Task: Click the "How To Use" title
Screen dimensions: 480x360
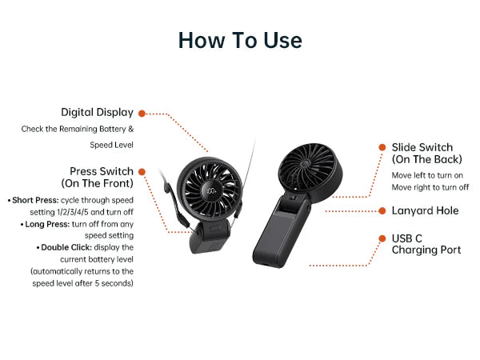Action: (240, 40)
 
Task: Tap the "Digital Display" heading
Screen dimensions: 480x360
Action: (97, 113)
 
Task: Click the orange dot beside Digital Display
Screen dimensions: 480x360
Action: (142, 114)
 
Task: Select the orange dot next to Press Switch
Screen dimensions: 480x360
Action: (142, 172)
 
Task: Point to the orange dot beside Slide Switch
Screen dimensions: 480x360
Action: (382, 147)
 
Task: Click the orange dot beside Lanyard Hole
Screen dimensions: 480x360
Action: (382, 210)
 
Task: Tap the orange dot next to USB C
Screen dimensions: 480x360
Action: (382, 238)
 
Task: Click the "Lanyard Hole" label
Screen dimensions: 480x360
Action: (426, 210)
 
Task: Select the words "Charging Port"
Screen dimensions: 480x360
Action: (426, 250)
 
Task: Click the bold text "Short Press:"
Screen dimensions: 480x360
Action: (35, 200)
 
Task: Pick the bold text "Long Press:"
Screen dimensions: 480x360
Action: (47, 224)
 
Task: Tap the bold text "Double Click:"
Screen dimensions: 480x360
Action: (66, 247)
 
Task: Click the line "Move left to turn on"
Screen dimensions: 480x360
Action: (427, 175)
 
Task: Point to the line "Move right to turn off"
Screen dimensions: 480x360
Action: (430, 187)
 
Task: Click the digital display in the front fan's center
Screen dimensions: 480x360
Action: (211, 191)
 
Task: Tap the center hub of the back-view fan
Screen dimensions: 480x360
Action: (305, 163)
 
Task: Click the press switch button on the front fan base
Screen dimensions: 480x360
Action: (215, 228)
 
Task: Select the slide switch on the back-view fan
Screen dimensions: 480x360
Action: (293, 198)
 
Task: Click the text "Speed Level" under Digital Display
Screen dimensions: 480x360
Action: (112, 145)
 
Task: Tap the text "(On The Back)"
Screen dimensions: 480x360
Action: (427, 159)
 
